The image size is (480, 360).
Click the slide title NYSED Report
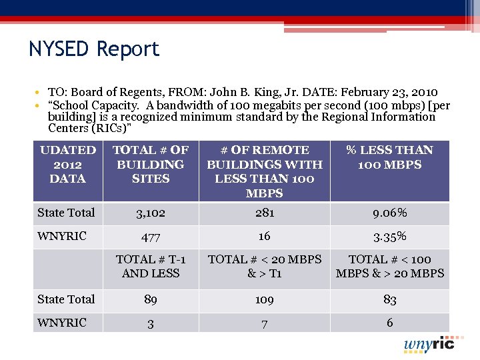[94, 49]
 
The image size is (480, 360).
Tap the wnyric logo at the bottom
[429, 344]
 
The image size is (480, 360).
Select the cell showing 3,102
[151, 213]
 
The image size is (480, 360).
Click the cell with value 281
[264, 213]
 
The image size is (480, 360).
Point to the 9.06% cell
[390, 213]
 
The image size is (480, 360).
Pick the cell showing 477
[151, 237]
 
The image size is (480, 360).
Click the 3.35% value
[390, 237]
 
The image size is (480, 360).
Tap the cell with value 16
[264, 236]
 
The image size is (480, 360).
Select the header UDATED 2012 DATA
[68, 164]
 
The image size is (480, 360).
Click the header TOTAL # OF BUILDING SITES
[151, 164]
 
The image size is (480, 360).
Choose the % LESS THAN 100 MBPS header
[390, 157]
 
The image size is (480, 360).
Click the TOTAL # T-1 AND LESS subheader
[151, 266]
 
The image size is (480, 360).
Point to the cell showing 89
[151, 300]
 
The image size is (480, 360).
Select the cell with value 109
[264, 300]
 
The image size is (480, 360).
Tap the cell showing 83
[390, 300]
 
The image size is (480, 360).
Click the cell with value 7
[264, 323]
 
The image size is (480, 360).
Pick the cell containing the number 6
[390, 323]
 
